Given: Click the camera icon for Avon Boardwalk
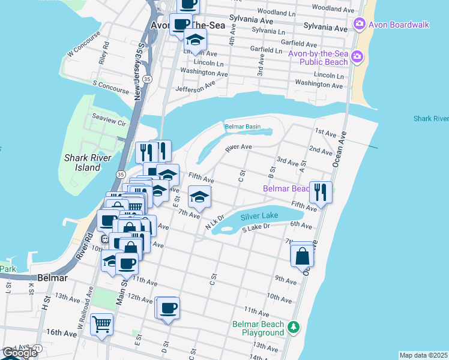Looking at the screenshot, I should coord(359,25).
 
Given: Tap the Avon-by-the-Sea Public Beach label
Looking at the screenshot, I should coord(318,58).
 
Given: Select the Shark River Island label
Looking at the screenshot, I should coord(82,163).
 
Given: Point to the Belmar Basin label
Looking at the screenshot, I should coord(243,127).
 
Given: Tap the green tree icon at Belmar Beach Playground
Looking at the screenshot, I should coord(294,327).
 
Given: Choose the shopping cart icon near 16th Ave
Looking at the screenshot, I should coord(102,325).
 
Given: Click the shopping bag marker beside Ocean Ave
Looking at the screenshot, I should coord(302,255).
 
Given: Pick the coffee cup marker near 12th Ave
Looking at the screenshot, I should coord(169,308).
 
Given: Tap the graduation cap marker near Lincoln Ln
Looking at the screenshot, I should coord(196,40).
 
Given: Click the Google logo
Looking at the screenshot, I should coord(19,353).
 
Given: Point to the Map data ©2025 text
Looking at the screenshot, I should coord(423,355).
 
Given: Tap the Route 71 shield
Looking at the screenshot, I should coord(37,349).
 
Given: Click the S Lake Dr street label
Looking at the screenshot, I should coord(257,228).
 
